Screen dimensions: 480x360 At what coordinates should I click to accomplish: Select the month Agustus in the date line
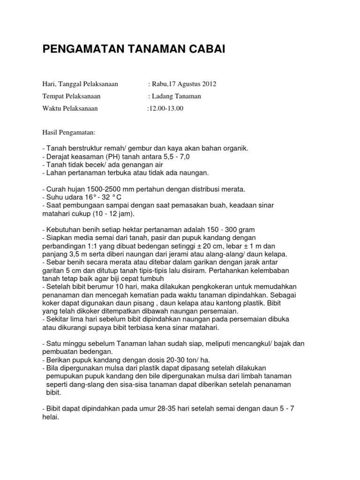187,84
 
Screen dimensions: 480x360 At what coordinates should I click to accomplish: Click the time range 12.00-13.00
165,109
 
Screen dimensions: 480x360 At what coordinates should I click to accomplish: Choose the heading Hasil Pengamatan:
68,133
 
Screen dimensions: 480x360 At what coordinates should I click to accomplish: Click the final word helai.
50,416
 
